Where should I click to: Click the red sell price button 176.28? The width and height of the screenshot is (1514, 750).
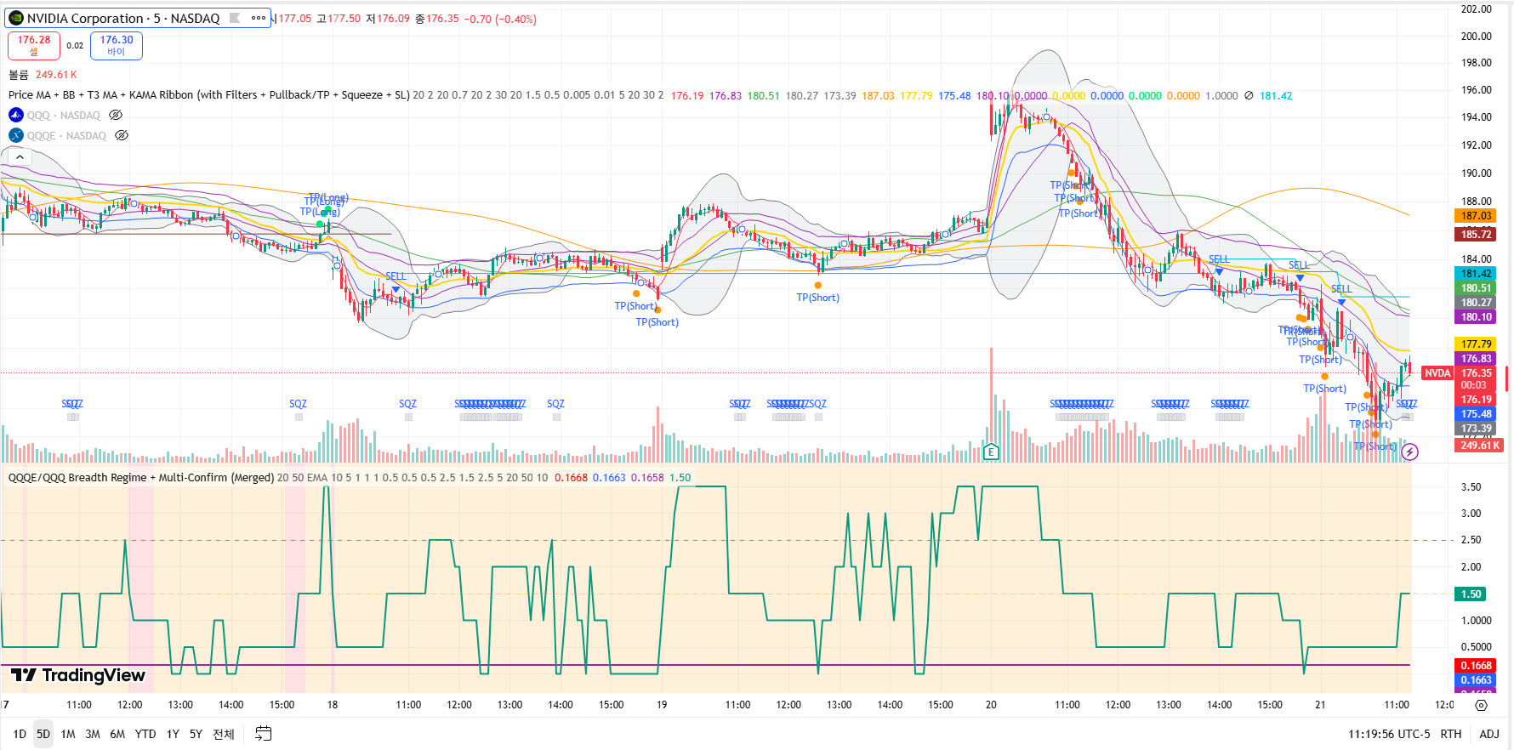pyautogui.click(x=34, y=45)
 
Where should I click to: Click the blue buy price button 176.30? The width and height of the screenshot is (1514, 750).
pyautogui.click(x=117, y=45)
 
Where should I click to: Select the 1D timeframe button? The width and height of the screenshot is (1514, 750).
pyautogui.click(x=20, y=734)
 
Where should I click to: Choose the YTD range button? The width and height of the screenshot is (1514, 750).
pyautogui.click(x=145, y=734)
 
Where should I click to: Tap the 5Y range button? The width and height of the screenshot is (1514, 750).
pyautogui.click(x=196, y=734)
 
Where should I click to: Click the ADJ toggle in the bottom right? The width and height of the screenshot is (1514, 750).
pyautogui.click(x=1489, y=734)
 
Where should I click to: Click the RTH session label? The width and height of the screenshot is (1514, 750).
pyautogui.click(x=1451, y=734)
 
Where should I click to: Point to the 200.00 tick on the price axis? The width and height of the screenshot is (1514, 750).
pyautogui.click(x=1476, y=36)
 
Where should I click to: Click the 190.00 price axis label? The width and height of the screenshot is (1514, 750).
pyautogui.click(x=1476, y=173)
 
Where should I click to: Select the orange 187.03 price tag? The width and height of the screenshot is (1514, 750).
pyautogui.click(x=1476, y=216)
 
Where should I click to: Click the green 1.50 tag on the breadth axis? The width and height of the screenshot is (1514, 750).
pyautogui.click(x=1471, y=594)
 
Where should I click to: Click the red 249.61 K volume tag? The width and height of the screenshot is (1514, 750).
pyautogui.click(x=1480, y=446)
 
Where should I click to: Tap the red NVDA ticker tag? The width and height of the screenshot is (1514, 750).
pyautogui.click(x=1437, y=373)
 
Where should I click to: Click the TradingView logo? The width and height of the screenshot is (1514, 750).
pyautogui.click(x=78, y=675)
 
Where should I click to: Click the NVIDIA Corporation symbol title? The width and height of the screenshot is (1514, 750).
pyautogui.click(x=123, y=18)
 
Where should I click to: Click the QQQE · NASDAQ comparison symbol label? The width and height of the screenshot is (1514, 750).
pyautogui.click(x=66, y=136)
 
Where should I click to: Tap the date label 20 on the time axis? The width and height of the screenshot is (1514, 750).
pyautogui.click(x=991, y=705)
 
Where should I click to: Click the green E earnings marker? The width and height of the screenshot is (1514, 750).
pyautogui.click(x=991, y=452)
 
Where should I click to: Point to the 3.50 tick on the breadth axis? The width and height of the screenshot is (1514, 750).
pyautogui.click(x=1471, y=487)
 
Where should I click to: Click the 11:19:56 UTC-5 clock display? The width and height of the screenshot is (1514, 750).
pyautogui.click(x=1389, y=734)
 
